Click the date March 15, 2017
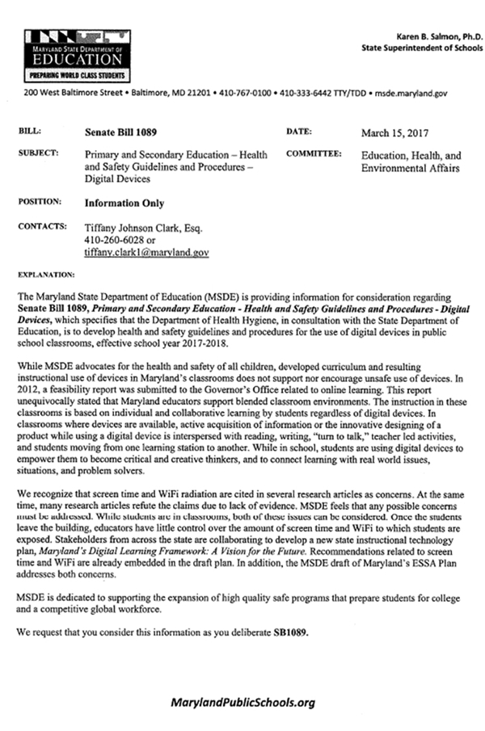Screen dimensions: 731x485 pyautogui.click(x=394, y=131)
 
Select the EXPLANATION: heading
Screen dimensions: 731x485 pyautogui.click(x=46, y=274)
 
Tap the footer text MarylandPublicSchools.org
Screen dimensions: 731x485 pyautogui.click(x=242, y=703)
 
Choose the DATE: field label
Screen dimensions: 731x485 pyautogui.click(x=298, y=131)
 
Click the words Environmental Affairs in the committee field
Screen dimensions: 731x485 pyautogui.click(x=410, y=168)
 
